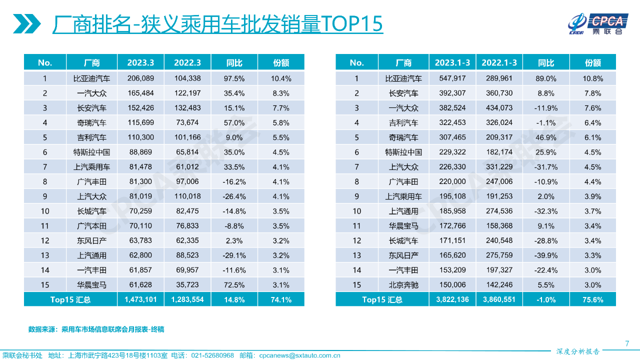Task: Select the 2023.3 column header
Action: point(140,62)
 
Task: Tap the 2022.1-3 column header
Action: point(499,62)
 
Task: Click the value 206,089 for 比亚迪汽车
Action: point(140,78)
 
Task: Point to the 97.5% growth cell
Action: point(234,78)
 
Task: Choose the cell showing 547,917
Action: point(452,78)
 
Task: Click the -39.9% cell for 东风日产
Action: point(546,255)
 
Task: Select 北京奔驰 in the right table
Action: point(403,285)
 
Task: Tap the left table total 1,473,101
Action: point(140,299)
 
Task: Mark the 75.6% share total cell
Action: point(593,299)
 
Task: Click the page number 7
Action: point(627,343)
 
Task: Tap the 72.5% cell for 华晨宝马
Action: point(234,285)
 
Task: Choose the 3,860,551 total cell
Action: point(499,299)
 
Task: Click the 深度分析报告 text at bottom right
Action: point(577,351)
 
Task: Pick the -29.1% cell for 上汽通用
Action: point(234,255)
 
